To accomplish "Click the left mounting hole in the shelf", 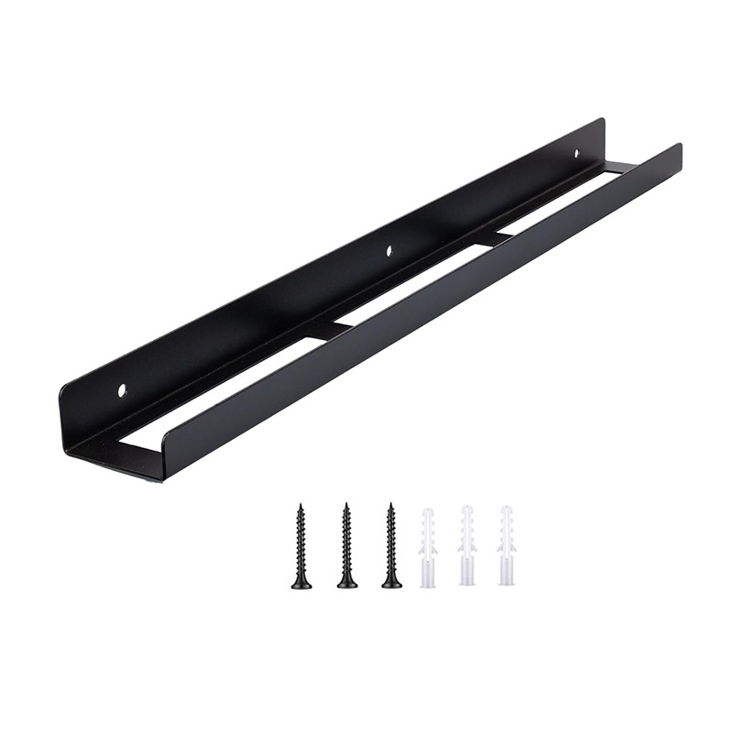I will [x=122, y=390].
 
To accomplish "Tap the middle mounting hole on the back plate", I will [x=389, y=248].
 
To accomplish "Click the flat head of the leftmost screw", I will [x=301, y=584].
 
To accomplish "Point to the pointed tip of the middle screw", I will [x=346, y=504].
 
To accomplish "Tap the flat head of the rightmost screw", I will [x=391, y=584].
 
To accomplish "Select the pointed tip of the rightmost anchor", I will [x=507, y=508].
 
